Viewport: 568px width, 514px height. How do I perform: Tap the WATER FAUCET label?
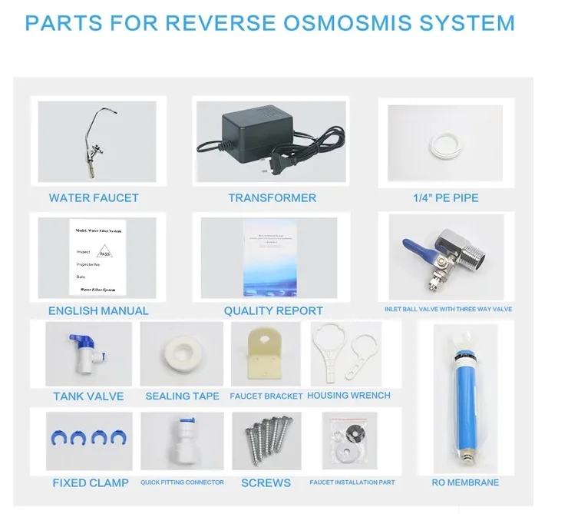[94, 197]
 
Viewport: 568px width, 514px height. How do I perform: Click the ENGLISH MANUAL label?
[98, 310]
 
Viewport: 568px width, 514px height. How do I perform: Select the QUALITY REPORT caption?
[273, 310]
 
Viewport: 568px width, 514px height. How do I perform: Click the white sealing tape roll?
[182, 356]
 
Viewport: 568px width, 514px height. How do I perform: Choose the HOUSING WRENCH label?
[348, 396]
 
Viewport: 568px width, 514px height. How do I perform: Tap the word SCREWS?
[266, 482]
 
